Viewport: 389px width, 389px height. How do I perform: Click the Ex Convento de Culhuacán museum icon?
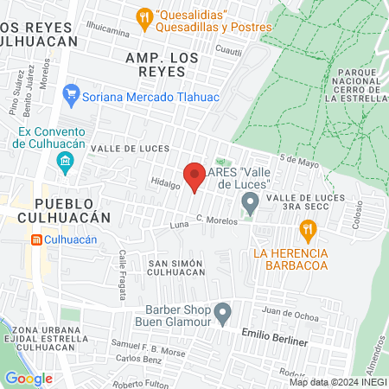pyautogui.click(x=65, y=161)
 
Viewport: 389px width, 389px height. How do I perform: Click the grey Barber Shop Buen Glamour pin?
pyautogui.click(x=223, y=311)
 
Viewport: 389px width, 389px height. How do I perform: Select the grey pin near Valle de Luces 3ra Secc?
pyautogui.click(x=250, y=205)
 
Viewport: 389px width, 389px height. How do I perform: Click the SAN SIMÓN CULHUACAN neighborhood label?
pyautogui.click(x=175, y=266)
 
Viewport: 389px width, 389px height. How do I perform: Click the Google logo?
pyautogui.click(x=28, y=378)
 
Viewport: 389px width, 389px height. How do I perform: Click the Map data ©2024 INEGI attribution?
pyautogui.click(x=337, y=382)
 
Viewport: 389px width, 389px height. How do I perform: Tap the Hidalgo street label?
pyautogui.click(x=165, y=183)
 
